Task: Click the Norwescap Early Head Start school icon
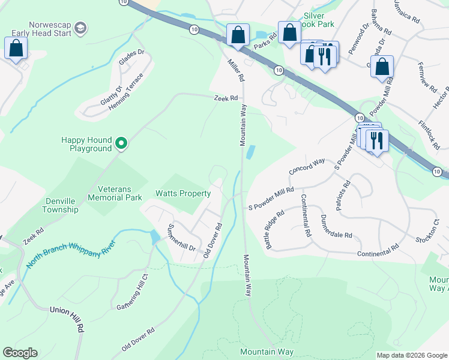pyautogui.click(x=80, y=28)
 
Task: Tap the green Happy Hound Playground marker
pyautogui.click(x=121, y=143)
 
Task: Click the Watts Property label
pyautogui.click(x=183, y=193)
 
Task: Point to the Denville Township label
pyautogui.click(x=60, y=205)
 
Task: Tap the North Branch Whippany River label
pyautogui.click(x=70, y=256)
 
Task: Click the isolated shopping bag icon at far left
pyautogui.click(x=15, y=48)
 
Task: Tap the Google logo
pyautogui.click(x=20, y=353)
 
